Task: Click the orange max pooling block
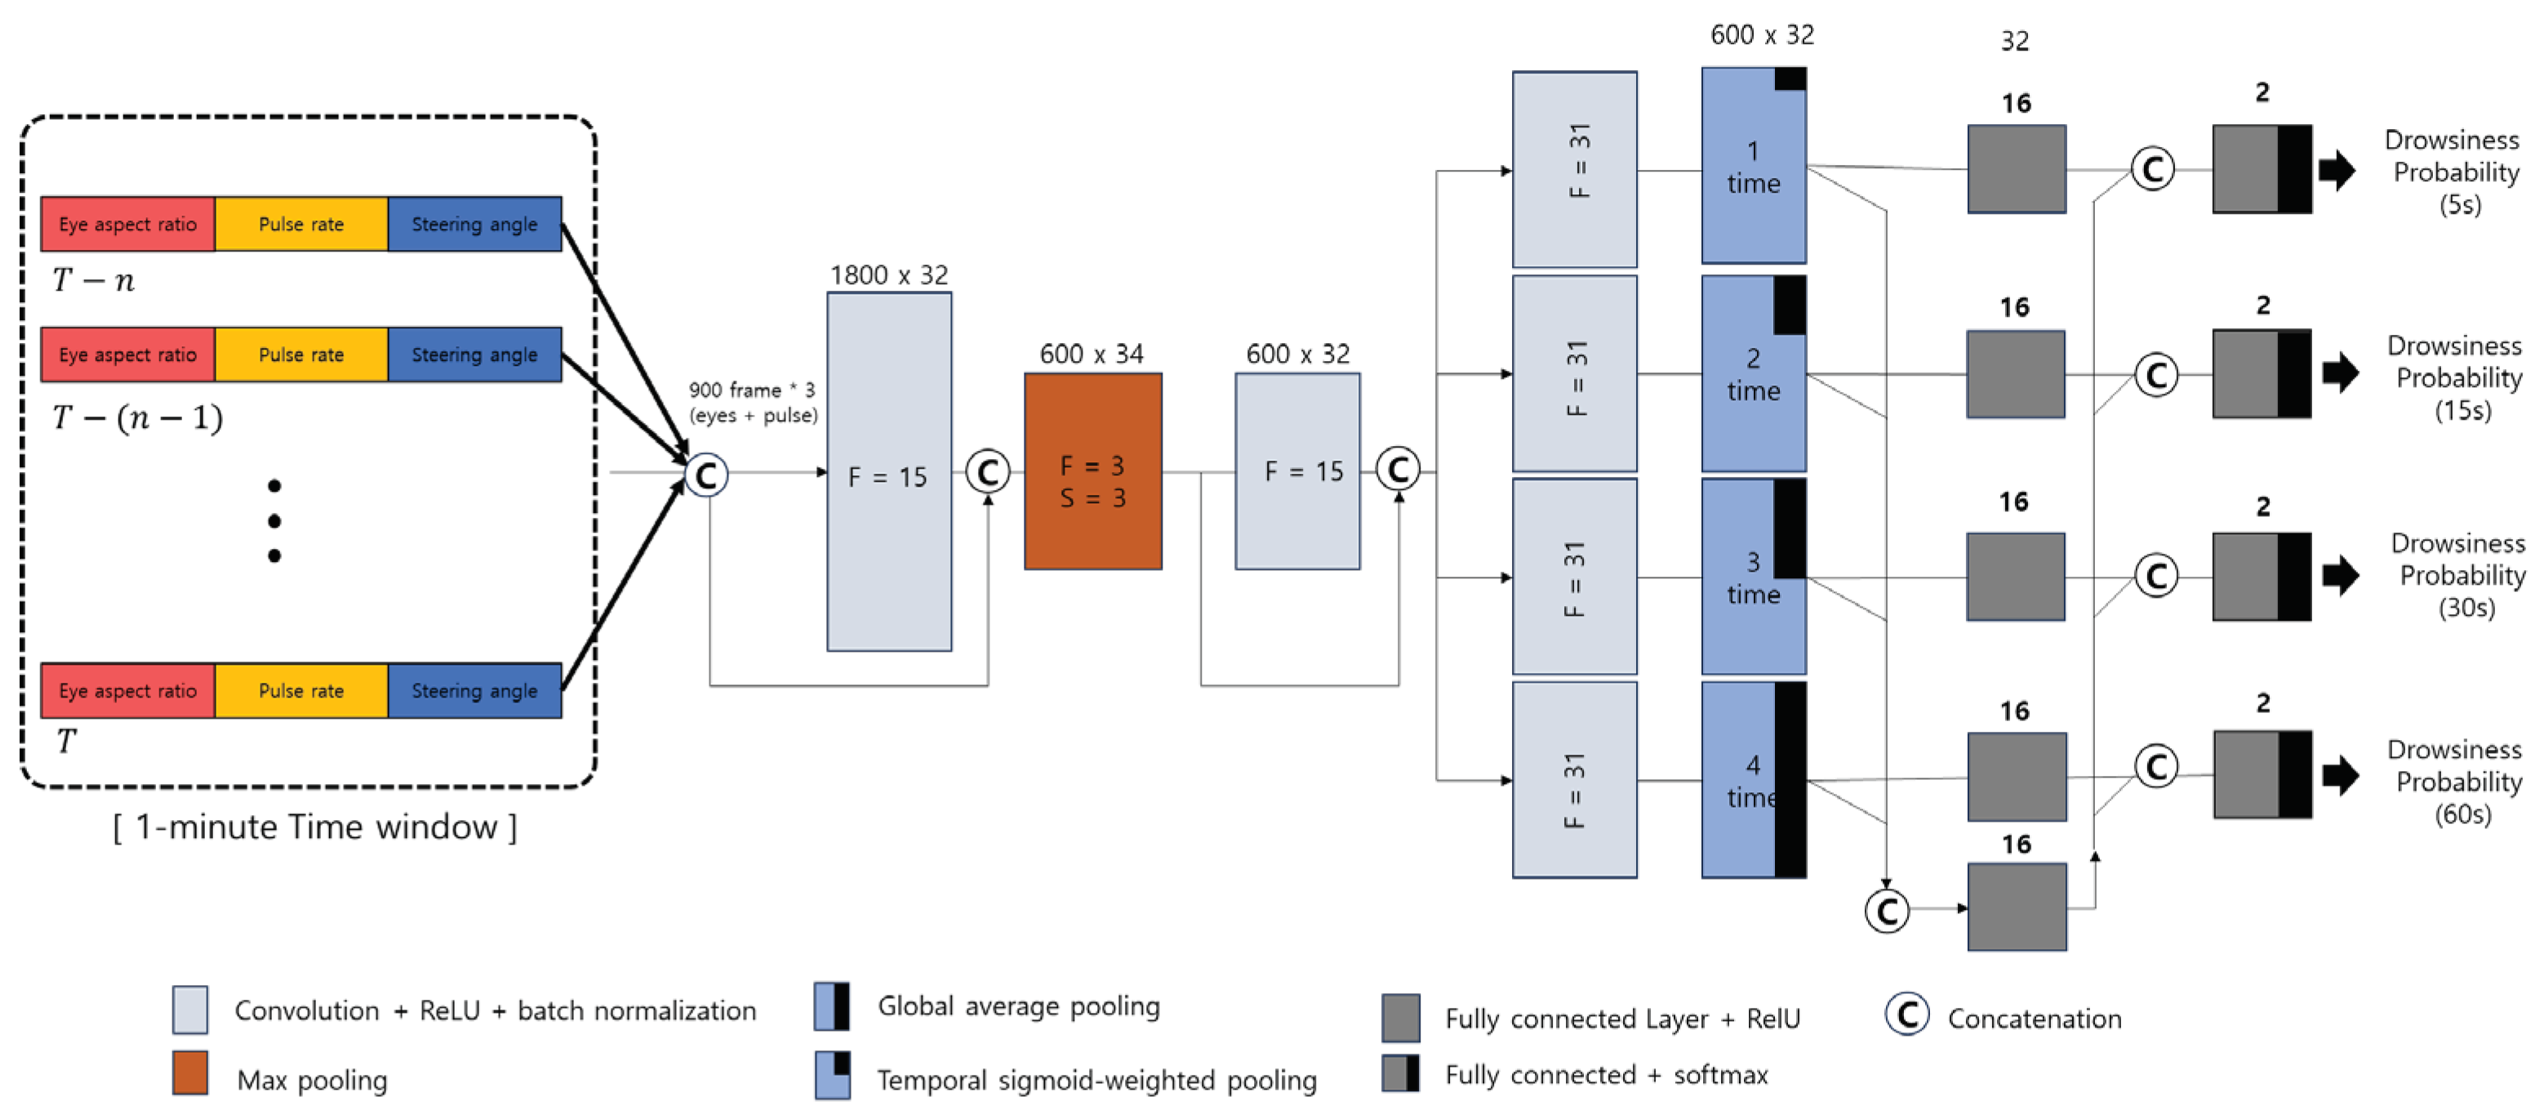[x=1092, y=471]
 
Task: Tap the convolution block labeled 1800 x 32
[x=889, y=471]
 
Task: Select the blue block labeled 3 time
[x=1752, y=577]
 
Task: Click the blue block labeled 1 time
[x=1752, y=166]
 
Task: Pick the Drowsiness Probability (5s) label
[x=2455, y=172]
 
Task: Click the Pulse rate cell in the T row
[x=301, y=690]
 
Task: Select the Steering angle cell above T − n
[x=474, y=224]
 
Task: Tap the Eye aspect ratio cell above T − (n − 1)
[x=127, y=354]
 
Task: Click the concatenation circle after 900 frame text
[x=707, y=475]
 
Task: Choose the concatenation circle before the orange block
[x=988, y=471]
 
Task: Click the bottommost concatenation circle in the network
[x=1886, y=910]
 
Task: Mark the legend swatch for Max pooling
[x=189, y=1072]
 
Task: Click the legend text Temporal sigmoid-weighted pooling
[x=1096, y=1080]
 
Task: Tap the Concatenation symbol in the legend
[x=1907, y=1014]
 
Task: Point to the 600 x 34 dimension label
[x=1092, y=354]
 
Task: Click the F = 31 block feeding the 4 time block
[x=1574, y=779]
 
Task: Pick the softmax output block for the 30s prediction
[x=2261, y=577]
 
